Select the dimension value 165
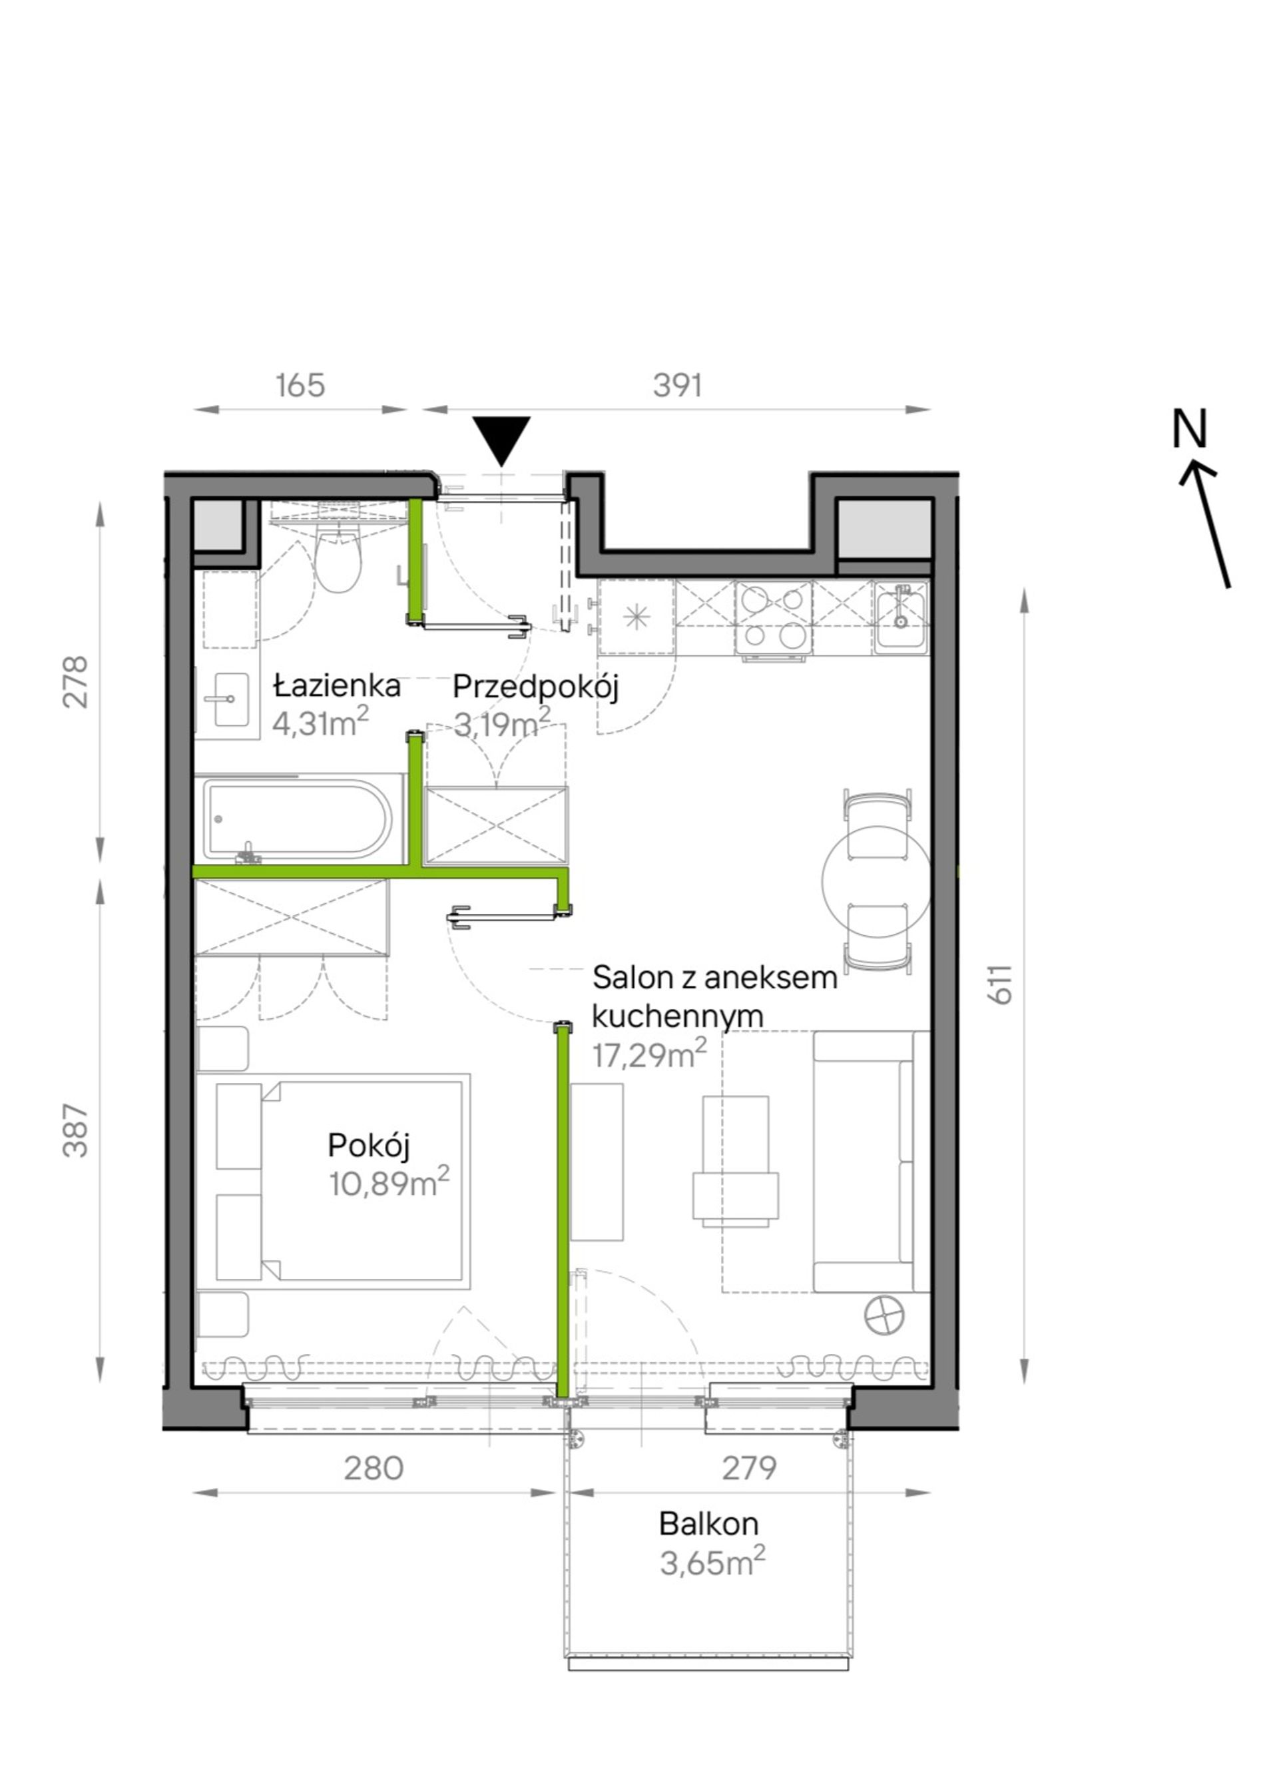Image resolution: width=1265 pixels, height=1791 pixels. click(x=300, y=386)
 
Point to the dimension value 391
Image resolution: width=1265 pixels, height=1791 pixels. click(x=677, y=386)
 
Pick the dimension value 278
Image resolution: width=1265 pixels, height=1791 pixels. click(x=77, y=682)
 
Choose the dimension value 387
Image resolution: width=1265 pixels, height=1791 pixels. click(x=77, y=1130)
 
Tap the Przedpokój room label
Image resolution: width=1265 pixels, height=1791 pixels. click(x=536, y=688)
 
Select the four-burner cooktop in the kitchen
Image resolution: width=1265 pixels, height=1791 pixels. click(x=774, y=618)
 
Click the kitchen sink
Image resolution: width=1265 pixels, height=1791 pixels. click(x=901, y=615)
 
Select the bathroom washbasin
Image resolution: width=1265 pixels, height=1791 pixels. click(x=226, y=700)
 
